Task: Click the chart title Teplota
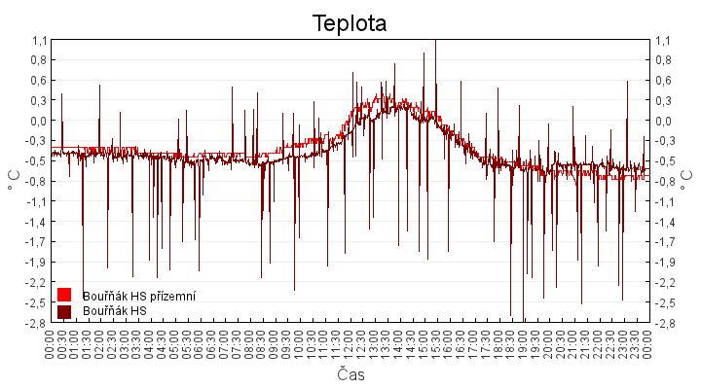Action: (x=350, y=22)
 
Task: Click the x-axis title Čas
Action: (x=350, y=374)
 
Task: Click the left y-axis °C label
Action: (x=14, y=180)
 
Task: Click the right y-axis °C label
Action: (x=686, y=180)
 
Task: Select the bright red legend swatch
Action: (x=64, y=295)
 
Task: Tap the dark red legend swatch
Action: (x=64, y=311)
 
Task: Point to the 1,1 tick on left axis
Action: (x=39, y=40)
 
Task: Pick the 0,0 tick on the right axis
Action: (x=662, y=121)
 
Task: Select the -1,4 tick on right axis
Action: (x=664, y=222)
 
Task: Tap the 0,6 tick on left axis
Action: (x=39, y=81)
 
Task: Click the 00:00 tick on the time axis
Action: (x=52, y=343)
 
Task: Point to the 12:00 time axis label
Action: (x=350, y=343)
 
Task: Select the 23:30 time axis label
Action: (x=636, y=343)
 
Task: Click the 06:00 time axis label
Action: (x=201, y=343)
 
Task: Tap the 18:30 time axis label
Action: (x=511, y=343)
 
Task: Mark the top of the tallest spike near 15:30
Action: (x=435, y=41)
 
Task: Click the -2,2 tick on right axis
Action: (x=664, y=282)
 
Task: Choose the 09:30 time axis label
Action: (x=287, y=343)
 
